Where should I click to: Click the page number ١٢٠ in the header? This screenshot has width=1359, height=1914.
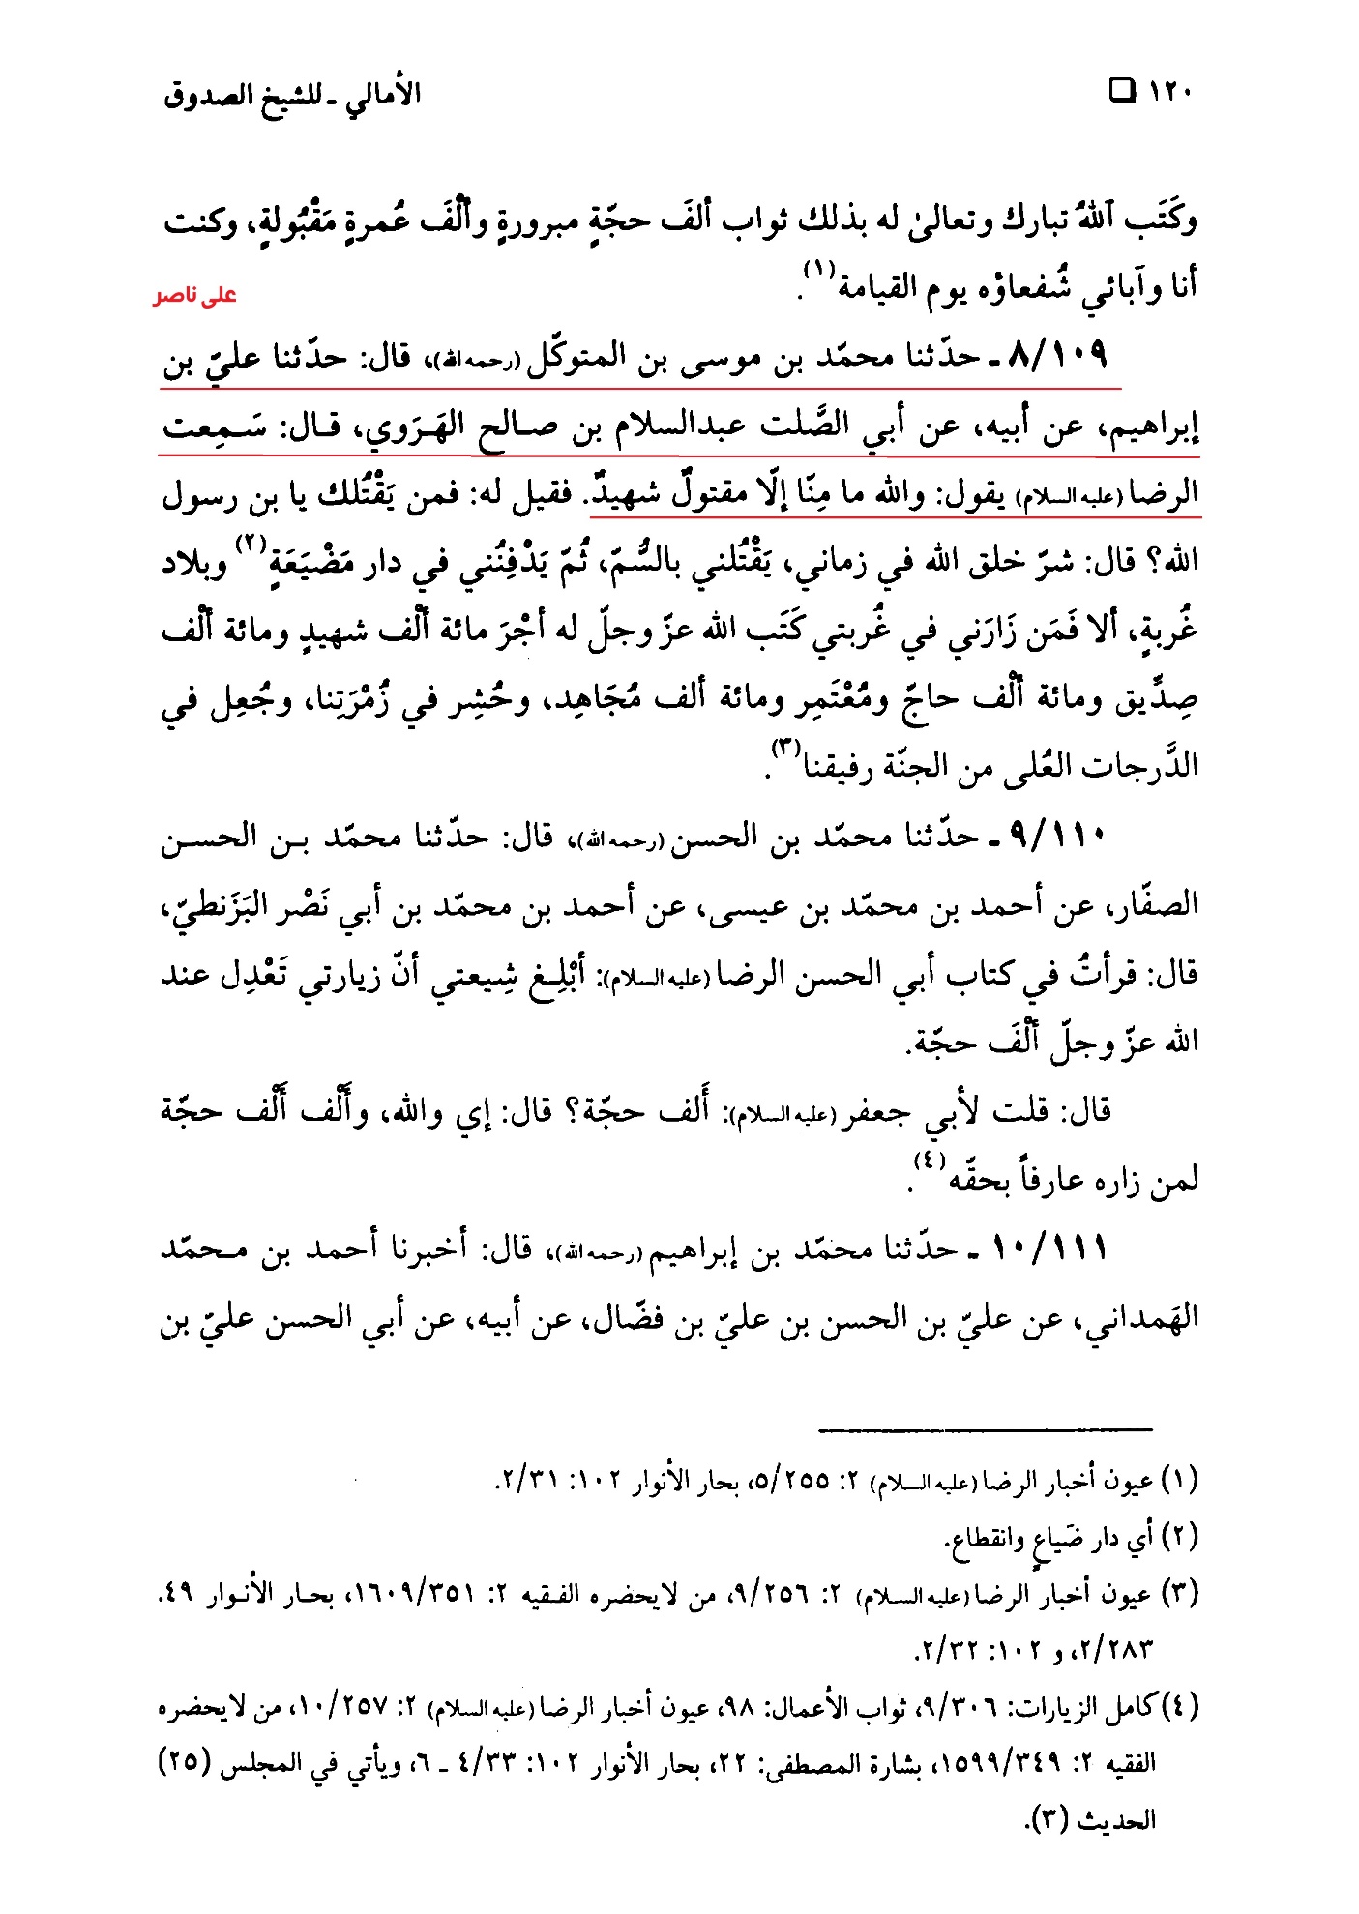[x=1170, y=93]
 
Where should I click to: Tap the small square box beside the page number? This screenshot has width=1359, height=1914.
[x=1123, y=92]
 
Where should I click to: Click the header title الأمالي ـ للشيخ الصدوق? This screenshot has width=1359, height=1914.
[x=292, y=95]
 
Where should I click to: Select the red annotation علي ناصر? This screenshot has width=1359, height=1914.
[x=194, y=296]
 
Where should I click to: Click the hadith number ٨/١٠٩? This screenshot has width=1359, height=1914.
[x=1056, y=355]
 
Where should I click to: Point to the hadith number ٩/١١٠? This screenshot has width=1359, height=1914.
[x=1056, y=834]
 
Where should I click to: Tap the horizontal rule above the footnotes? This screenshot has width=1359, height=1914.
[x=985, y=1428]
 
